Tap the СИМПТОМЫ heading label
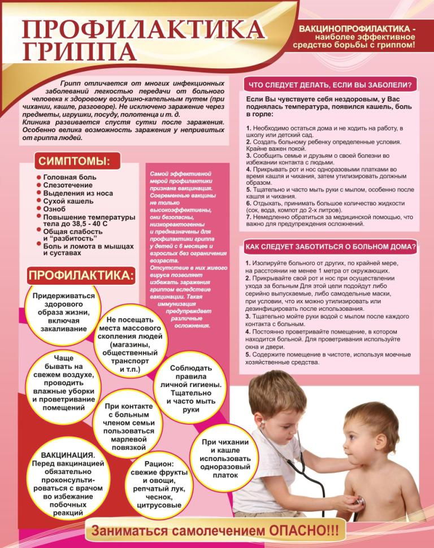point(73,161)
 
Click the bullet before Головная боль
point(37,177)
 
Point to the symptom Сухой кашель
point(67,201)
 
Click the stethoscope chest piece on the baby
point(354,501)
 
